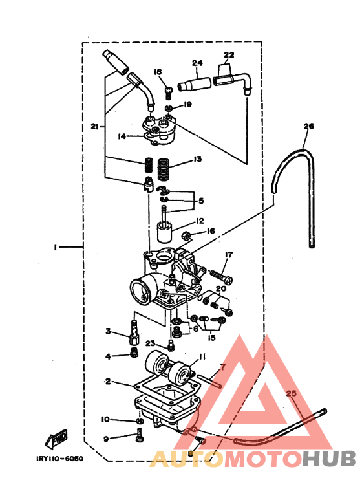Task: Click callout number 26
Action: tap(308, 127)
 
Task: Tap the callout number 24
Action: tap(197, 63)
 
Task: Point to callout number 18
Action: tap(158, 72)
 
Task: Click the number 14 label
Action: tap(122, 136)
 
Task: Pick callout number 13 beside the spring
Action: tap(197, 159)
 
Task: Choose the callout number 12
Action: tap(200, 221)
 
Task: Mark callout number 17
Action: tap(229, 255)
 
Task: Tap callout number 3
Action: tap(109, 331)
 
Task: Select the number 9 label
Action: tap(106, 439)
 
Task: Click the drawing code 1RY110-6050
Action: tap(60, 459)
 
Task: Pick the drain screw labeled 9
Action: tap(140, 440)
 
